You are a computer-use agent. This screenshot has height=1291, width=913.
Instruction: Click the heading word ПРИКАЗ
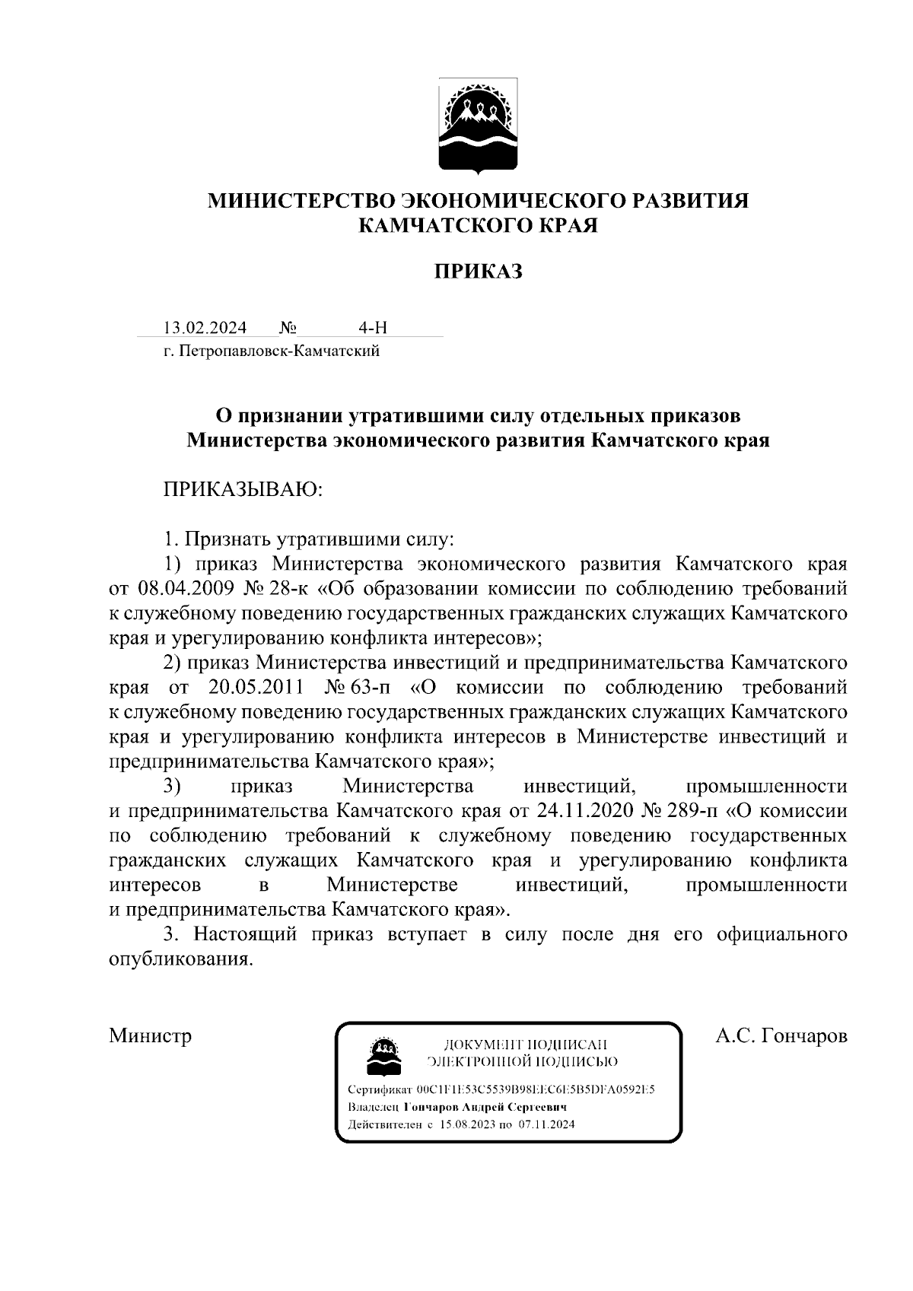point(479,272)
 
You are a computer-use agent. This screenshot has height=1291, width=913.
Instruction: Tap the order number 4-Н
point(373,328)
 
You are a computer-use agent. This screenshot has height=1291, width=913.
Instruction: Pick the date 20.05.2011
point(256,688)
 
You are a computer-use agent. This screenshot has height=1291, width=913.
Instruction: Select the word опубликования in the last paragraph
point(180,959)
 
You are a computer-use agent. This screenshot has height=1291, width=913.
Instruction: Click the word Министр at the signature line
point(151,1036)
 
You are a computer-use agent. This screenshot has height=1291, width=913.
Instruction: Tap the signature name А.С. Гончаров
point(781,1036)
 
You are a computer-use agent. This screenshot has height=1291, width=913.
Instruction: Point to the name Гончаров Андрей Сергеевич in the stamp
point(485,1107)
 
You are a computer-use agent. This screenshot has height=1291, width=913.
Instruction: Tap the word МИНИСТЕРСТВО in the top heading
point(302,201)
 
